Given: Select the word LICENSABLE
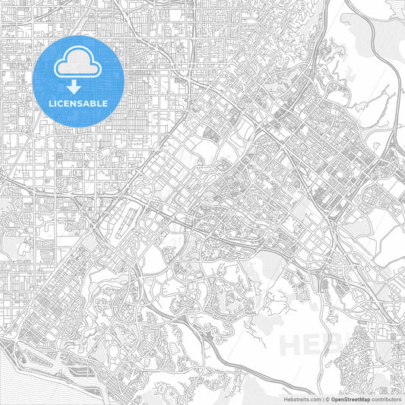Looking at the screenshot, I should point(79,103).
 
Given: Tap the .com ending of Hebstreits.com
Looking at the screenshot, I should point(313,398).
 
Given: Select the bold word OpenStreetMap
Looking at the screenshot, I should point(350,398).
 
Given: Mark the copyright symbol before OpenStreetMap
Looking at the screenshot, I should point(327,398).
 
